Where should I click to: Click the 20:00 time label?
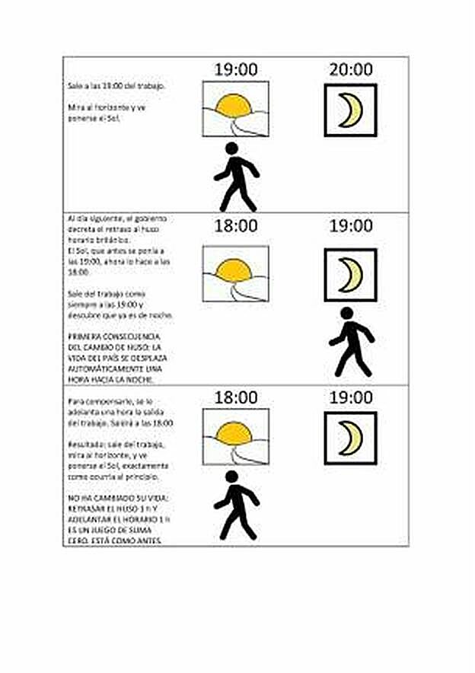point(351,69)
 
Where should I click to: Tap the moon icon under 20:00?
point(351,110)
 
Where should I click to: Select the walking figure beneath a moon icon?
point(351,342)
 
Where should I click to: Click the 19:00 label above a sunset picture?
point(235,69)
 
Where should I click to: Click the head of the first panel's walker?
point(231,148)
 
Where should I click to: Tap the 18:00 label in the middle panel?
point(235,226)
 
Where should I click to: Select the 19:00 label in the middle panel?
point(351,226)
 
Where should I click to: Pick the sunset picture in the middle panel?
point(235,273)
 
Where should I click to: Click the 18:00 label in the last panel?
point(235,397)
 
